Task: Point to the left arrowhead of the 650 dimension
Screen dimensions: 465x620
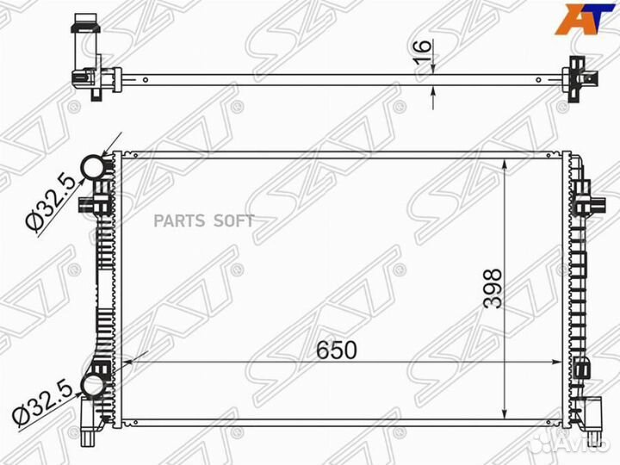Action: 128,361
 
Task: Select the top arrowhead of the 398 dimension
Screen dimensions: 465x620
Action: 504,163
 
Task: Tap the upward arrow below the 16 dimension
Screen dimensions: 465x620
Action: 433,99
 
